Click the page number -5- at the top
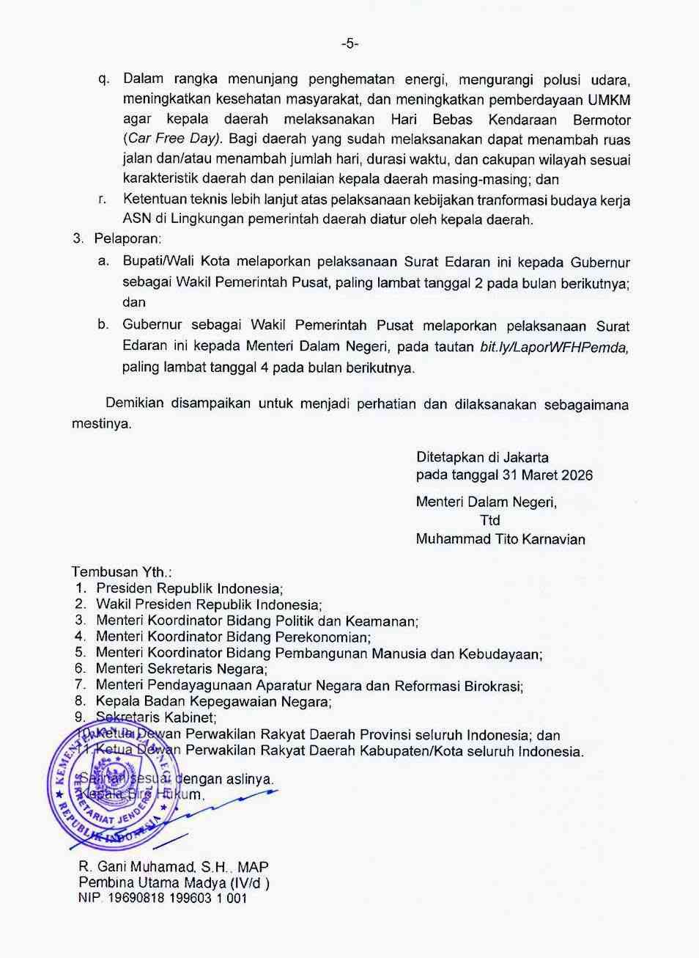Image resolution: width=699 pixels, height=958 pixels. pos(349,44)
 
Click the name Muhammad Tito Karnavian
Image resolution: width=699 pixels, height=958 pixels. pos(500,540)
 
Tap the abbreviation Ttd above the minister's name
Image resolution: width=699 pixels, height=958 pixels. pos(489,521)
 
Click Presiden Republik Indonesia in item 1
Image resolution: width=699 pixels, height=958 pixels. pos(189,588)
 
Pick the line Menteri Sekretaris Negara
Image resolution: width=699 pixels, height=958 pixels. pos(181,669)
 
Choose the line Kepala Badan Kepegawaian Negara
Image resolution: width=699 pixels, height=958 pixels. pos(213,702)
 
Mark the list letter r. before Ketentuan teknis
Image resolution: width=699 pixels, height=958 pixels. pos(103,199)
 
